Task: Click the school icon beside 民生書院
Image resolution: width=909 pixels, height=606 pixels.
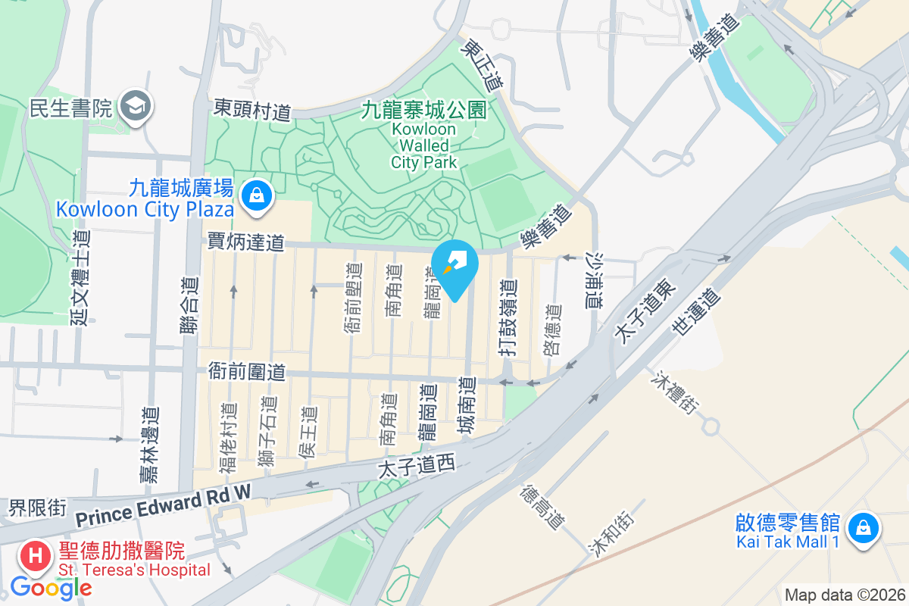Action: pyautogui.click(x=136, y=107)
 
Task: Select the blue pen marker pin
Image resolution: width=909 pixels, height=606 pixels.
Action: pyautogui.click(x=454, y=267)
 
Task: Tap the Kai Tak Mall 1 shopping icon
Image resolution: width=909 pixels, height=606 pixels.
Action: pyautogui.click(x=863, y=528)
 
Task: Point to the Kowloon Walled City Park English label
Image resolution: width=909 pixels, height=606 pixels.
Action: pyautogui.click(x=424, y=145)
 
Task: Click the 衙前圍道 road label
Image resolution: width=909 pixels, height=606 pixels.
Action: pyautogui.click(x=247, y=371)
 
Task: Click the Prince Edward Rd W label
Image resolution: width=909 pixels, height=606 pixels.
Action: pyautogui.click(x=163, y=509)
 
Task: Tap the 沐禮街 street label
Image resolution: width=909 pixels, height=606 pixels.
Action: pyautogui.click(x=673, y=393)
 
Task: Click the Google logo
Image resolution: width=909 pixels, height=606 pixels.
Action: pyautogui.click(x=51, y=588)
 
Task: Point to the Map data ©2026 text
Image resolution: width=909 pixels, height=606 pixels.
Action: pyautogui.click(x=844, y=595)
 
